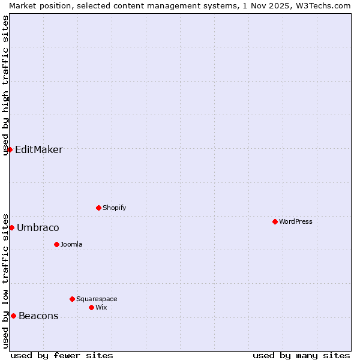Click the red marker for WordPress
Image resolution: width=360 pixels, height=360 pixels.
click(275, 221)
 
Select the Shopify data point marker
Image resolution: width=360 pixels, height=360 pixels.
click(98, 208)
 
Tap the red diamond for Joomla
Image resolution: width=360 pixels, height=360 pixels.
click(56, 244)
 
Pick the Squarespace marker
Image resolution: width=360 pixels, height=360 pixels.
click(72, 299)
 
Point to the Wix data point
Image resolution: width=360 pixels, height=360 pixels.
click(91, 307)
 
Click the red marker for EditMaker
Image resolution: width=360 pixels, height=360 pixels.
click(10, 149)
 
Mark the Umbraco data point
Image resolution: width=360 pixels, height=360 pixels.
click(11, 227)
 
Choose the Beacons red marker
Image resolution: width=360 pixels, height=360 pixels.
click(13, 316)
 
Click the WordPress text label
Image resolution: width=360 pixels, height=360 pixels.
click(295, 221)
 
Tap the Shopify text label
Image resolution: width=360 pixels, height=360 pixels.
click(114, 208)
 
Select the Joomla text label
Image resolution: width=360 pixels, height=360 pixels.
click(71, 244)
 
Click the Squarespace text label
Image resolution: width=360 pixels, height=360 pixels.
click(97, 299)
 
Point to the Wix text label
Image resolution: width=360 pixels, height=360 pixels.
click(101, 307)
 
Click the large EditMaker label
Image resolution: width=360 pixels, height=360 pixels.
click(38, 149)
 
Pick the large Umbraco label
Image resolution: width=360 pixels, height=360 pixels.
click(38, 227)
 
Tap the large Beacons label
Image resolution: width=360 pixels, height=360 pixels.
click(38, 316)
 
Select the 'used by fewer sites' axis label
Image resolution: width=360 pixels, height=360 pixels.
click(62, 355)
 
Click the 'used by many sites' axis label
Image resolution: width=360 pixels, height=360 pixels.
click(301, 355)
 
